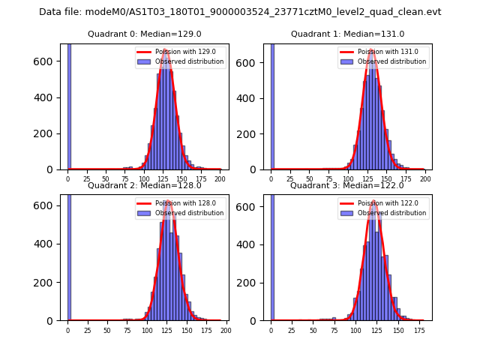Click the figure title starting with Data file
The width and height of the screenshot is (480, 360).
tap(240, 12)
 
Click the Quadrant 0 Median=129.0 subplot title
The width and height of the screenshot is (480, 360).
tap(144, 34)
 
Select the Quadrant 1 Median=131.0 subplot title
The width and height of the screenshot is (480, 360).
tap(347, 34)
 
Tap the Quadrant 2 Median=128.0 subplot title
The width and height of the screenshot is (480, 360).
tap(144, 185)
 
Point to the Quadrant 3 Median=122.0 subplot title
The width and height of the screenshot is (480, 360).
tap(347, 185)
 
